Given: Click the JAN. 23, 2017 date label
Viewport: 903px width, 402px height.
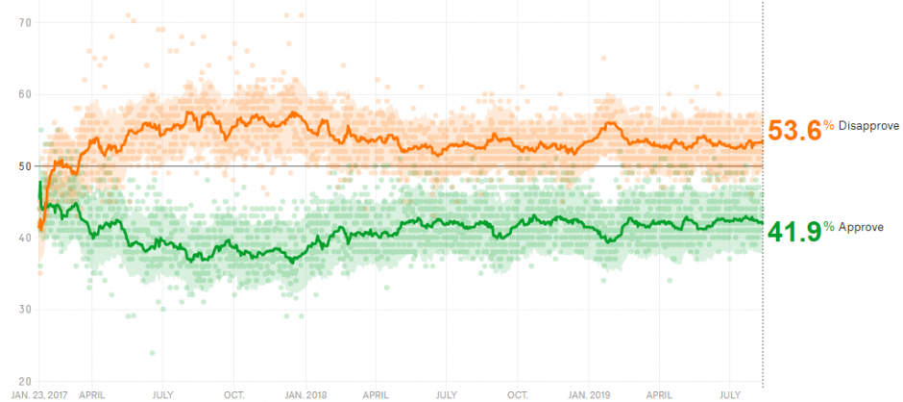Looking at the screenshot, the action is click(40, 396).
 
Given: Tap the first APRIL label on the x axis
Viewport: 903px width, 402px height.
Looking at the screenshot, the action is click(91, 396).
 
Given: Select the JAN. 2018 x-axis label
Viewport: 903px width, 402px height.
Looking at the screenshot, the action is click(306, 396).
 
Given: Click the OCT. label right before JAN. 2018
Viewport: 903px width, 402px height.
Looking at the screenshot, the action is click(234, 396).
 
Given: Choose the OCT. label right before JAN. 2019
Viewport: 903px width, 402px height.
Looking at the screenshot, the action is click(518, 396).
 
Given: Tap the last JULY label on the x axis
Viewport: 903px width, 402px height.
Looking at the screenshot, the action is click(730, 396).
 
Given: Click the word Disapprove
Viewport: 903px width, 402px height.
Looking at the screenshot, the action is click(867, 126).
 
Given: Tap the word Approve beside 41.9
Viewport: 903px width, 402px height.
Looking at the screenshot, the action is click(861, 227).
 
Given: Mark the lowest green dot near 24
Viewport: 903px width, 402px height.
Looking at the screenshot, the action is click(152, 352).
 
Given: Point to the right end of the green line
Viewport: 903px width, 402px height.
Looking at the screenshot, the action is click(763, 222).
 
